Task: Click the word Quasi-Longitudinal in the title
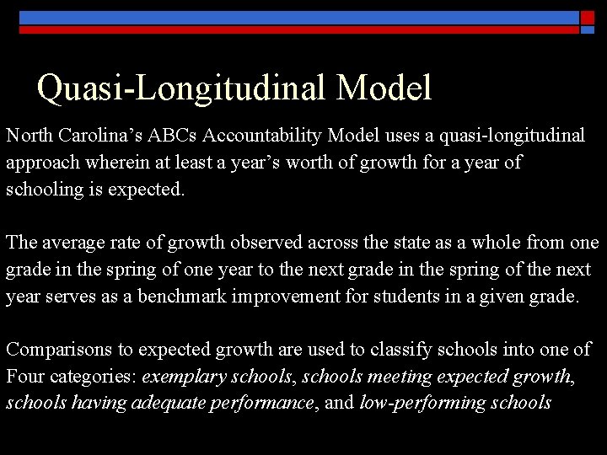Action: tap(174, 88)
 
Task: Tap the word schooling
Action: tap(40, 190)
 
